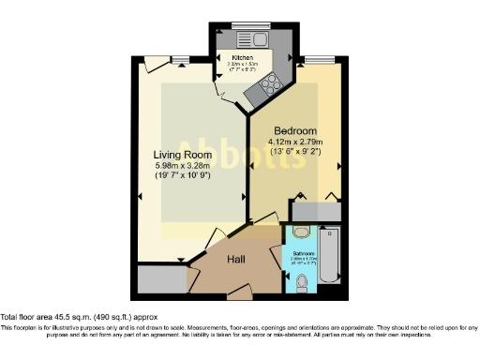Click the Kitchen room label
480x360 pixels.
[243, 57]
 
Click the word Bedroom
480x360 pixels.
[296, 130]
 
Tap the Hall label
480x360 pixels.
[237, 258]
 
